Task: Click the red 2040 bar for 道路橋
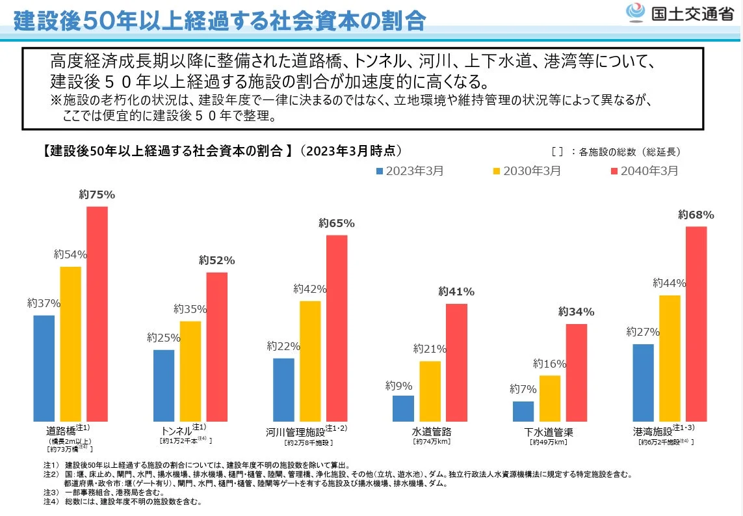click(x=97, y=314)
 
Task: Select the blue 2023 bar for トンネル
click(x=164, y=385)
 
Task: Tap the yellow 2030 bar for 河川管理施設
click(x=310, y=361)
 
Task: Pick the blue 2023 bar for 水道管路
click(x=403, y=408)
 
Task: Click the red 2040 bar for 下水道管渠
click(x=576, y=372)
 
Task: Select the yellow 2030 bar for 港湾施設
click(x=670, y=358)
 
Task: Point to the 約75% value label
click(x=97, y=195)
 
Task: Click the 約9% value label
click(x=397, y=385)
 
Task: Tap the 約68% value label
click(x=696, y=215)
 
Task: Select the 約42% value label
click(x=309, y=289)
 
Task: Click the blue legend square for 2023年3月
click(x=380, y=171)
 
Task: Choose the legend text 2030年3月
click(x=532, y=171)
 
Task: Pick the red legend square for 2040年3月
click(x=614, y=171)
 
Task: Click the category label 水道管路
click(x=432, y=432)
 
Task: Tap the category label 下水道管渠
click(x=549, y=432)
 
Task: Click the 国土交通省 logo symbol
click(x=635, y=12)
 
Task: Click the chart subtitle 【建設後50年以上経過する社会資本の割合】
click(x=162, y=151)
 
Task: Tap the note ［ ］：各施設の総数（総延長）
click(x=615, y=152)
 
